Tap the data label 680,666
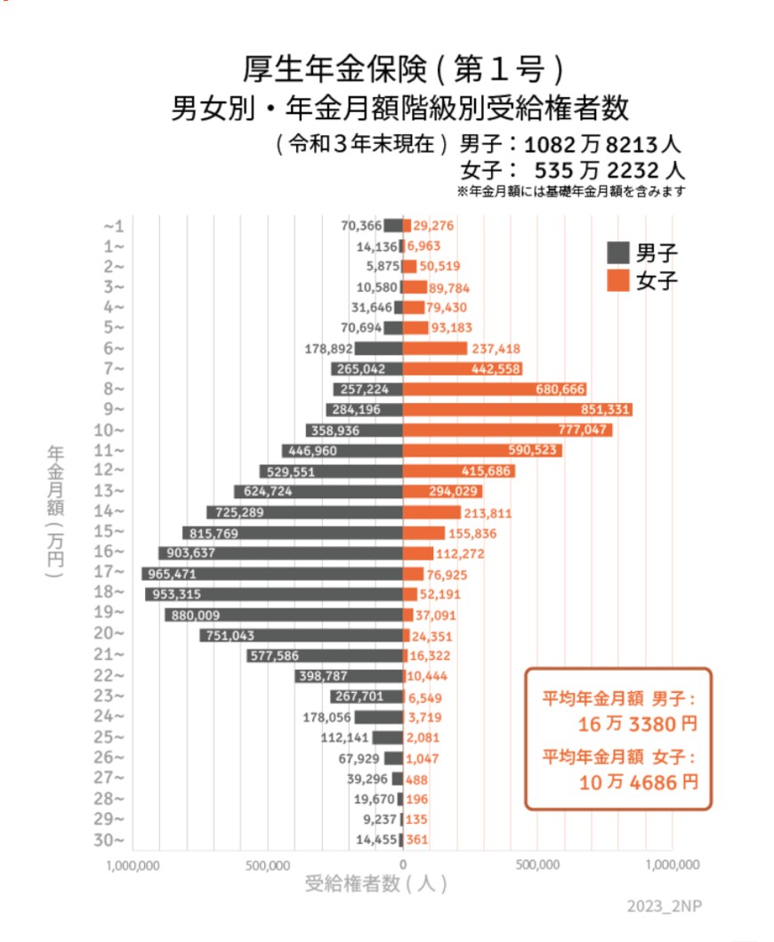point(560,389)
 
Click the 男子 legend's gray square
point(617,252)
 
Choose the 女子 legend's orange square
point(617,280)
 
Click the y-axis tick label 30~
point(114,840)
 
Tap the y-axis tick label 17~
point(114,573)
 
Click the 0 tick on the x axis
point(403,864)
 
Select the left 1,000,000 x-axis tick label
point(133,864)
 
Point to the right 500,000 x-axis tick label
point(537,864)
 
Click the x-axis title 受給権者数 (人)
point(376,884)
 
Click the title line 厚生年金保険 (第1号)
point(403,68)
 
